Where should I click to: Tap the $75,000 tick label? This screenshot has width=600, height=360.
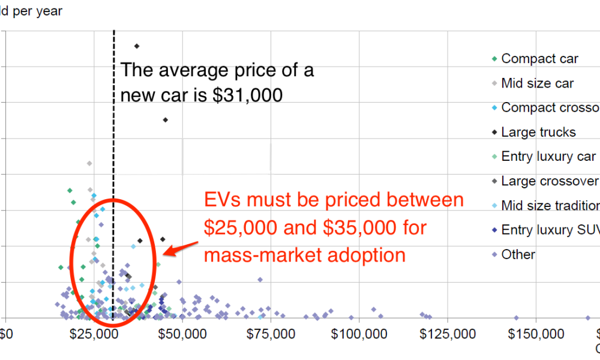(x=270, y=334)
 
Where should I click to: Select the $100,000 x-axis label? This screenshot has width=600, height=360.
(x=358, y=334)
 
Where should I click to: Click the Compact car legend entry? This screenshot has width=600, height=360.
(x=539, y=59)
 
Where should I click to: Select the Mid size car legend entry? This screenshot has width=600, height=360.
(x=537, y=83)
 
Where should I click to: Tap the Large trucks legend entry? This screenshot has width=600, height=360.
(x=538, y=132)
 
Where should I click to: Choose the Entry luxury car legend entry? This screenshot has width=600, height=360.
(x=548, y=157)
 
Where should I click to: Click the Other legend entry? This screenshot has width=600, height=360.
(x=518, y=254)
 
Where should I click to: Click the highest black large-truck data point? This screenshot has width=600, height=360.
(x=137, y=46)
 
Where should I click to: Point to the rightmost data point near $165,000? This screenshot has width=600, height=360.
(x=588, y=318)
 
